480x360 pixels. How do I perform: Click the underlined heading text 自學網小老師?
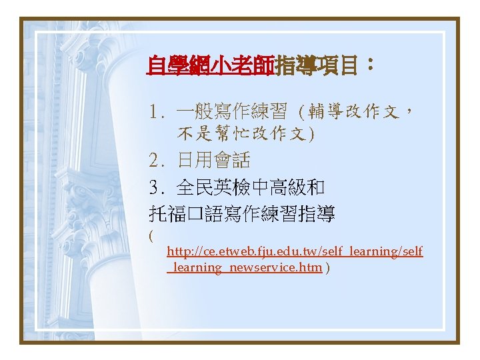pos(211,66)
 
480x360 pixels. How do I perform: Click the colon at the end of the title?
pos(370,65)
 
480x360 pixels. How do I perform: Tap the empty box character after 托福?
pos(195,215)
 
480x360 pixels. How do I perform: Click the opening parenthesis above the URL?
pos(151,235)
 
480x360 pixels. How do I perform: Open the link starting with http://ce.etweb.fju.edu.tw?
pos(294,251)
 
